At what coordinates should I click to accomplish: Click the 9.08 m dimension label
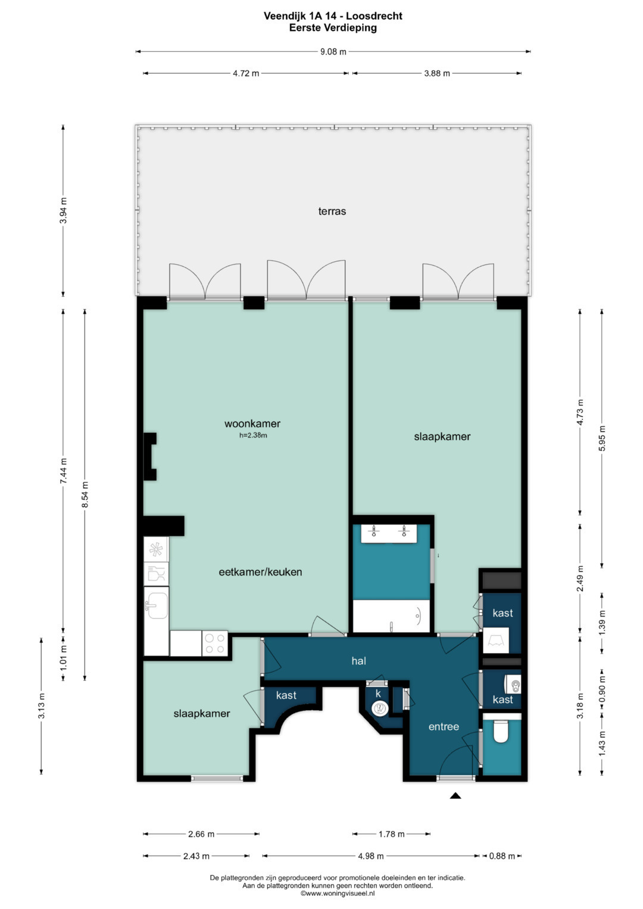pos(333,52)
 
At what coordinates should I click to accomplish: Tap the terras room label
pos(332,211)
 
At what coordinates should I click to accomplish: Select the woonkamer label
pos(252,424)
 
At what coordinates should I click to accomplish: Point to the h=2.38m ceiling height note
pos(253,435)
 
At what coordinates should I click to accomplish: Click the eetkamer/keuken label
pos(260,572)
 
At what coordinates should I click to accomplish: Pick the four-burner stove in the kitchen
pos(215,643)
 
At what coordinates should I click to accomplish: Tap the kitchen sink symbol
pos(156,605)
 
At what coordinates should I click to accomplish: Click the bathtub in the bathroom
pos(391,616)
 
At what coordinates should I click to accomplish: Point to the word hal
pos(359,661)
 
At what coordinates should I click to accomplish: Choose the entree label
pos(444,727)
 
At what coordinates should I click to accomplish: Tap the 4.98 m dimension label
pos(371,856)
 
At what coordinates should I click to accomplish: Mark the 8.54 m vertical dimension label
pos(85,495)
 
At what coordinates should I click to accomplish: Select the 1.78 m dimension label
pos(392,835)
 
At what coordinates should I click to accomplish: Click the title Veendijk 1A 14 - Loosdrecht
pos(333,16)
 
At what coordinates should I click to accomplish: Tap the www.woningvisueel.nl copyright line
pos(338,894)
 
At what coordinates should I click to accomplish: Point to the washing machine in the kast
pos(496,641)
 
